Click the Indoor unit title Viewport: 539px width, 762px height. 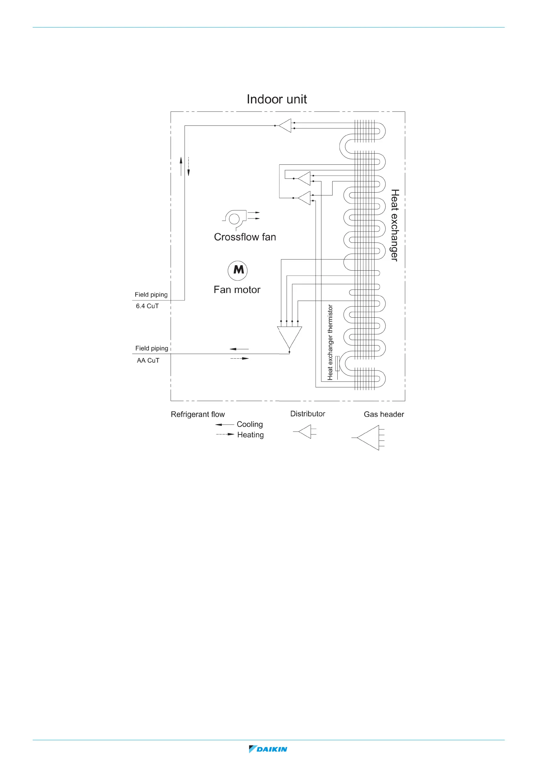[276, 99]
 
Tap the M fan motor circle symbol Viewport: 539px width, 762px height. [237, 270]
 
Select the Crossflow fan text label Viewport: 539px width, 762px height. [245, 237]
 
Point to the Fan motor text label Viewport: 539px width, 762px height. [237, 290]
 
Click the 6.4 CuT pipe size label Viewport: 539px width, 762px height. [147, 306]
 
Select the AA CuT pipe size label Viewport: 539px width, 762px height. [148, 361]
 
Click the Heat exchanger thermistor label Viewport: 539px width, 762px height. [330, 342]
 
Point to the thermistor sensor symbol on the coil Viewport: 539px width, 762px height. [337, 364]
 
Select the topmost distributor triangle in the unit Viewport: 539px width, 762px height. [286, 125]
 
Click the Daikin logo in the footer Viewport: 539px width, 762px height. [268, 749]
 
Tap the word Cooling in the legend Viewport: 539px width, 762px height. [250, 424]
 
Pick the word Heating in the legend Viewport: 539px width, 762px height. [250, 435]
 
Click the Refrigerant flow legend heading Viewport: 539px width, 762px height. [197, 414]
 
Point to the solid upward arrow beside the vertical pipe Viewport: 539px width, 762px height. [181, 166]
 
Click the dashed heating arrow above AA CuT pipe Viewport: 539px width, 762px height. [239, 359]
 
